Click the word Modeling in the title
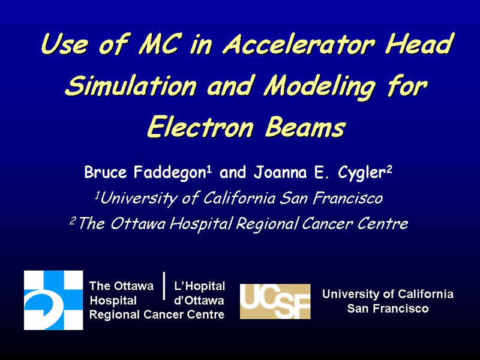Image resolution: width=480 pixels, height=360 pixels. point(319,86)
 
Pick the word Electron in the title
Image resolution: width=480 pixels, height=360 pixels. point(200,127)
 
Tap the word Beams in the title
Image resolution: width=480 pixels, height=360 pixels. point(305,127)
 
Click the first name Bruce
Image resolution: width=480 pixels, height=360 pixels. point(106,172)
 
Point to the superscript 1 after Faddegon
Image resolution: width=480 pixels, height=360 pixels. point(209,169)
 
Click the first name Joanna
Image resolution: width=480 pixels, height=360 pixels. point(280,172)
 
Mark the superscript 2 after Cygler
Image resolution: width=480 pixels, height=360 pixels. point(389,169)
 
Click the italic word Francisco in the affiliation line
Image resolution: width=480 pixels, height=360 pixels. point(348,198)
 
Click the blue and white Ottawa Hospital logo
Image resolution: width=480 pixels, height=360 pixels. point(53,300)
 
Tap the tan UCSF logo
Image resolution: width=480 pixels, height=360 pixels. point(275,301)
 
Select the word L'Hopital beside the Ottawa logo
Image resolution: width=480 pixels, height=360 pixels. point(199,286)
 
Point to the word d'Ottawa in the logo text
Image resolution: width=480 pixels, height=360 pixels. point(199,301)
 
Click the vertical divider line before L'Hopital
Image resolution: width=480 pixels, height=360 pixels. point(164,286)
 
